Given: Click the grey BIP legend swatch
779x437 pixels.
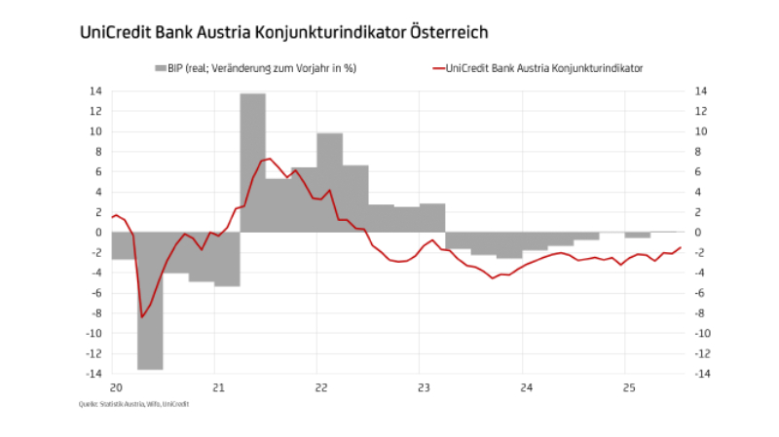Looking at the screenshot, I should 160,69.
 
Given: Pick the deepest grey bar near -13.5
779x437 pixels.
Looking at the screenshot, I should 150,301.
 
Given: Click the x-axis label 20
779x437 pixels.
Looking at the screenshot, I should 115,387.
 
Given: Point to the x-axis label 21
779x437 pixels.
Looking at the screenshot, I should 218,387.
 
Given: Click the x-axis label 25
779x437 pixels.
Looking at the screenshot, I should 627,387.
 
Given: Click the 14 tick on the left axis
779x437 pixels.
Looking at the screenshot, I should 96,91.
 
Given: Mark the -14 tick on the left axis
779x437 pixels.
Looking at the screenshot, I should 94,374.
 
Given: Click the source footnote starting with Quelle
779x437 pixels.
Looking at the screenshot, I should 133,403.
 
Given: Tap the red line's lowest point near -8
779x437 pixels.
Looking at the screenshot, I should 142,316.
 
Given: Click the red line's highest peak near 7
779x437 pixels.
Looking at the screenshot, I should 269,159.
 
